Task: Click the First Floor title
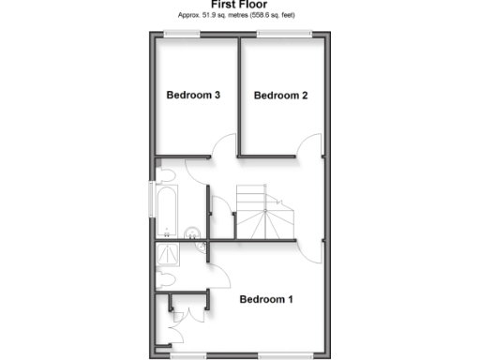239,5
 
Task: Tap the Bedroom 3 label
193,95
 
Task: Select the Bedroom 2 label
280,95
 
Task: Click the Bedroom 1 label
266,300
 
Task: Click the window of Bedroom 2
285,35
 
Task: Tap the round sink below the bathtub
192,232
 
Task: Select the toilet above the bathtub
165,174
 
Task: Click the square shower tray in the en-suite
170,254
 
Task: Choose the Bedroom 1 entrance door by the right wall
314,251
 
